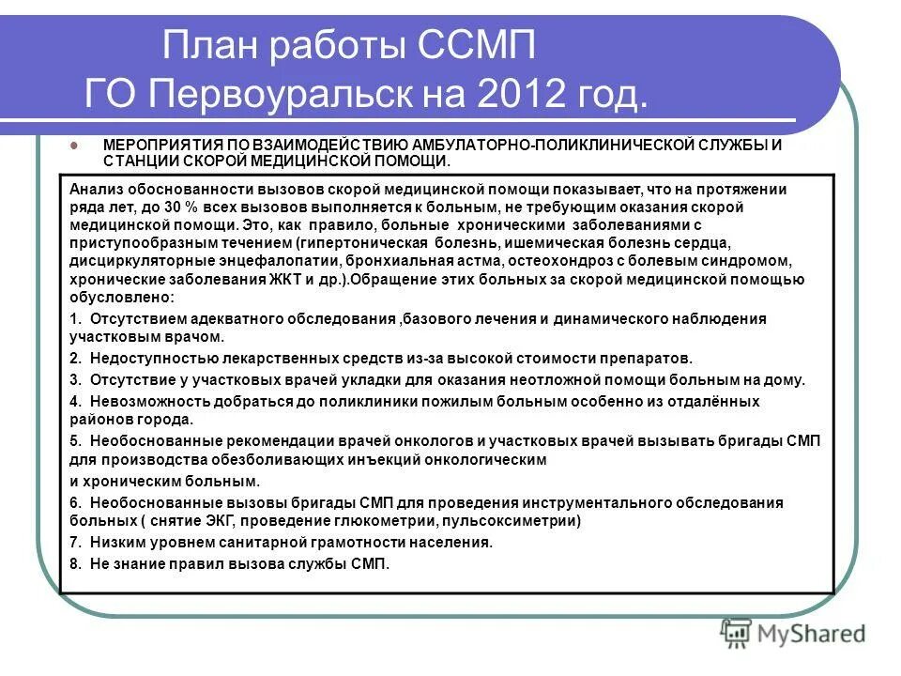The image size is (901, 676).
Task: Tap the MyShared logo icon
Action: coord(738,633)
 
